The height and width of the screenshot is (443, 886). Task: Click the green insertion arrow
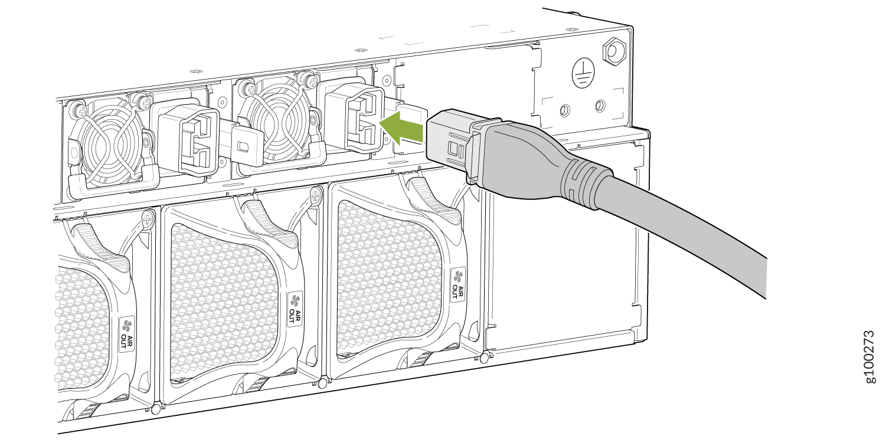pos(401,127)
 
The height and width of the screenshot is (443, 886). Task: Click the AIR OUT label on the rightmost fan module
pos(457,284)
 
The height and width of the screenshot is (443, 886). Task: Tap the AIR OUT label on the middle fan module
pos(295,309)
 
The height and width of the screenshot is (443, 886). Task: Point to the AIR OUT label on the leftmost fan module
pos(127,334)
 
